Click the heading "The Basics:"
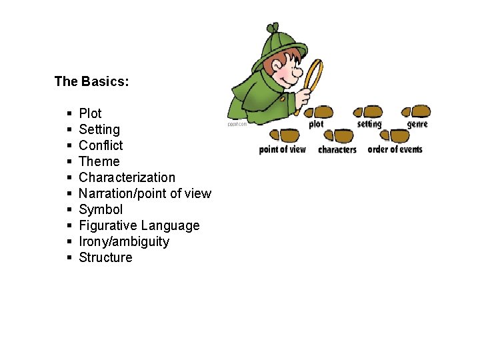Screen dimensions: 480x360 click(x=91, y=82)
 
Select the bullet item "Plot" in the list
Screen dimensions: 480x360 click(x=90, y=113)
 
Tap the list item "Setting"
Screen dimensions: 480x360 click(x=99, y=129)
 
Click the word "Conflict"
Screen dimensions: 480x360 click(x=101, y=145)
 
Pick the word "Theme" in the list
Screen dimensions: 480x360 click(x=99, y=161)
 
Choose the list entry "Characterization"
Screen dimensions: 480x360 click(x=127, y=177)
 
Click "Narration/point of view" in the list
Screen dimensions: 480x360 click(x=145, y=193)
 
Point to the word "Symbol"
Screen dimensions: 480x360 click(x=101, y=209)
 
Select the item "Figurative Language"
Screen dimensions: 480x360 click(x=139, y=225)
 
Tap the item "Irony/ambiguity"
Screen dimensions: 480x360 click(x=124, y=241)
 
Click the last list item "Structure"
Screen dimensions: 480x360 click(x=105, y=257)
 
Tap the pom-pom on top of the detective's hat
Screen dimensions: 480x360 click(x=272, y=29)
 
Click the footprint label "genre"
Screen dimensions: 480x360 click(x=417, y=124)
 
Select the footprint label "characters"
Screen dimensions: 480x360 click(x=337, y=150)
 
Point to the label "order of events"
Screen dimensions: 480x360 click(x=395, y=149)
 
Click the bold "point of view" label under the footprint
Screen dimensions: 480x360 click(x=283, y=149)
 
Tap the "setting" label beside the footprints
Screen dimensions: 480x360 click(x=369, y=124)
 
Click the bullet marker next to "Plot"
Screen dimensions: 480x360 click(x=69, y=114)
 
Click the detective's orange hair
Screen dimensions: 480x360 click(x=271, y=67)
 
